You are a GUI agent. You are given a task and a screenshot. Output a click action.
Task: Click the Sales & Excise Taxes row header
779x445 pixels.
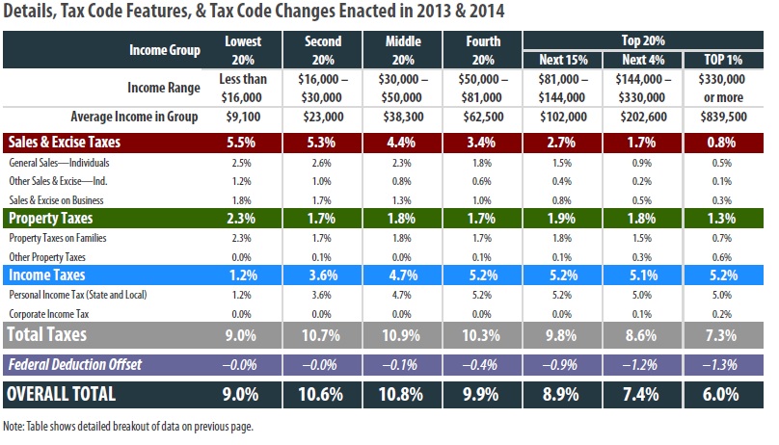coord(66,143)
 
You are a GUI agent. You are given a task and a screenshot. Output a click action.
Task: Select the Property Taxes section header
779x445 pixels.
coord(49,219)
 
